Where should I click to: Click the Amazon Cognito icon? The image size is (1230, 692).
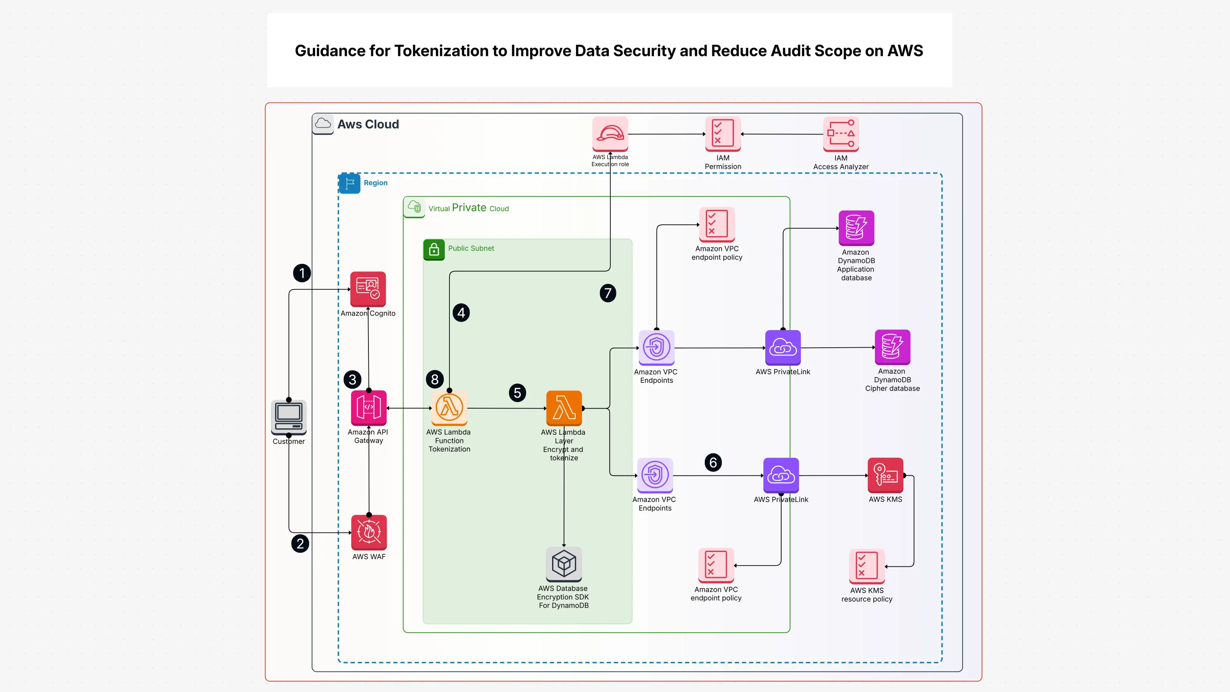click(368, 289)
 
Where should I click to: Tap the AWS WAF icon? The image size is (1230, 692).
click(368, 532)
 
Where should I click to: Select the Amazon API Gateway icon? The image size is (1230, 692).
click(368, 407)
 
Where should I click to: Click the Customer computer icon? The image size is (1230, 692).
click(289, 416)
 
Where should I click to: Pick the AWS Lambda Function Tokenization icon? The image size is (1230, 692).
click(449, 407)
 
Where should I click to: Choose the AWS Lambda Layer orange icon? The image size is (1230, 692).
click(564, 407)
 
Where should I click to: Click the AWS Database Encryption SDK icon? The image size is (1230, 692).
click(564, 564)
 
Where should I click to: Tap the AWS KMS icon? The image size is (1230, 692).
click(885, 475)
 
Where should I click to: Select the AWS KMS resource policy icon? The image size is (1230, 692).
click(867, 566)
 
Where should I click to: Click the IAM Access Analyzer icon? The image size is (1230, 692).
click(841, 134)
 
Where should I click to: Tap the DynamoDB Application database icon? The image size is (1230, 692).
click(856, 228)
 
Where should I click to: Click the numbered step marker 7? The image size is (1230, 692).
click(608, 293)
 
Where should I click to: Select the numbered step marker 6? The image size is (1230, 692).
click(713, 462)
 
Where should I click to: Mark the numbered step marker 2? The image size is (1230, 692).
click(300, 543)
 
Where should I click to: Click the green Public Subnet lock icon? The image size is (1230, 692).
click(433, 249)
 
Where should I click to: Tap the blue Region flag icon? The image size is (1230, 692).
click(349, 183)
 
